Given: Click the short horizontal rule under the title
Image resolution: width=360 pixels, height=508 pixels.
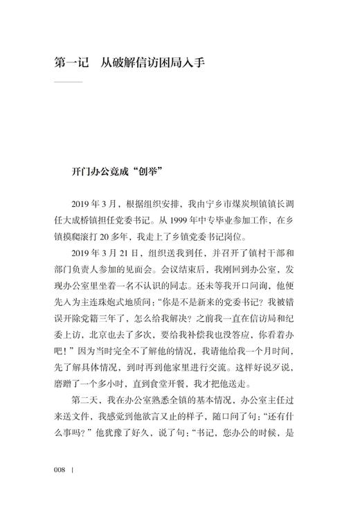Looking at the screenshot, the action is (67, 83).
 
